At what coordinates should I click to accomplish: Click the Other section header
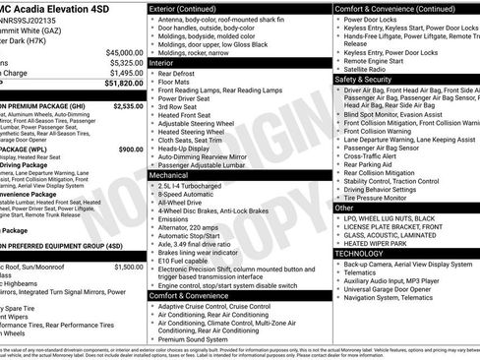tap(344, 208)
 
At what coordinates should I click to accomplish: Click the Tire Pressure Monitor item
tap(383, 197)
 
